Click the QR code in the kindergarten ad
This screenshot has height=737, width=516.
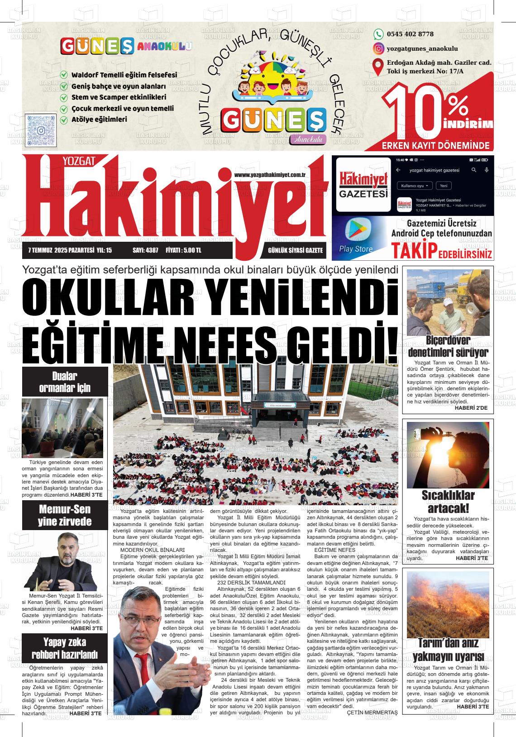click(x=41, y=130)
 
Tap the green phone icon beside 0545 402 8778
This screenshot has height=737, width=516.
click(x=378, y=34)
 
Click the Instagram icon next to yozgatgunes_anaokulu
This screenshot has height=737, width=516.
click(x=378, y=48)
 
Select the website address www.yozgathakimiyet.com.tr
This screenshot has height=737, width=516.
click(x=271, y=175)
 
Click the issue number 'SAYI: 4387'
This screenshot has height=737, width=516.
click(x=145, y=250)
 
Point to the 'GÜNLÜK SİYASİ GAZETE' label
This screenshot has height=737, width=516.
click(x=295, y=250)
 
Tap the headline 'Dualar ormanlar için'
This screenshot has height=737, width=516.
click(x=65, y=382)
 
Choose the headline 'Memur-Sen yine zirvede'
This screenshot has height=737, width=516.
click(x=65, y=515)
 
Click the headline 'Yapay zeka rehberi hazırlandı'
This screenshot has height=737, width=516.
click(x=65, y=648)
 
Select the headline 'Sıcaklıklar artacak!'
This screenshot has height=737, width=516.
click(x=448, y=501)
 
